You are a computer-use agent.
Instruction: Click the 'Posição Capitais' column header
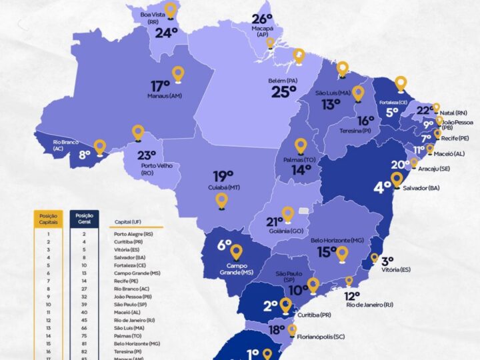tap(49, 219)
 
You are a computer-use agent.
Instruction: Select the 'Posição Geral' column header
tap(84, 219)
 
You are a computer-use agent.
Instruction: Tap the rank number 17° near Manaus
tap(160, 86)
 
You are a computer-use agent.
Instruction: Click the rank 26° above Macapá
tap(262, 19)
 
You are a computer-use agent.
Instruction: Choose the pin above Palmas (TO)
tap(301, 145)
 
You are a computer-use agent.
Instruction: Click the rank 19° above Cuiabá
tap(223, 176)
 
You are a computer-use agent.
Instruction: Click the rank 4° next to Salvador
tap(382, 187)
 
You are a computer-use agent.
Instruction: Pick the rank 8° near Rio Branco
tap(85, 155)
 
